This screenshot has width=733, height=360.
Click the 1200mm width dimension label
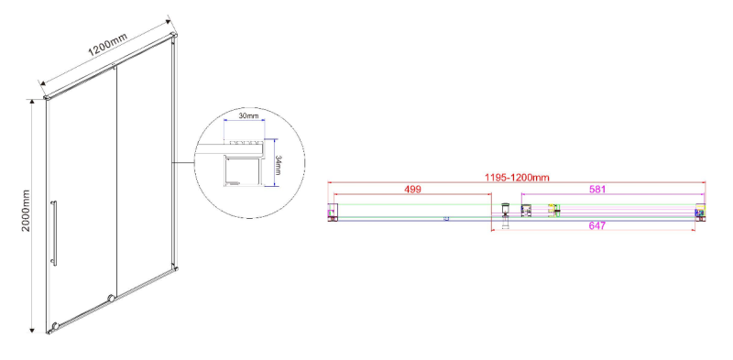point(107,46)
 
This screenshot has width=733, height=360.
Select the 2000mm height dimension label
point(26,211)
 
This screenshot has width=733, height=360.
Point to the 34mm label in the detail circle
point(278,165)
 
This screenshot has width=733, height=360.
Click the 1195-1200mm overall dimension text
point(517,177)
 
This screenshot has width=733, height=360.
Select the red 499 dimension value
point(413,190)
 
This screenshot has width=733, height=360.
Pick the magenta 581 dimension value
point(597,190)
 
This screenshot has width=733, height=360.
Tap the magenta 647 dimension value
point(597,226)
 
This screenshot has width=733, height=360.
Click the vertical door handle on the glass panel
point(54,234)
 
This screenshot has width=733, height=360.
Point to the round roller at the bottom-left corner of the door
point(55,325)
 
